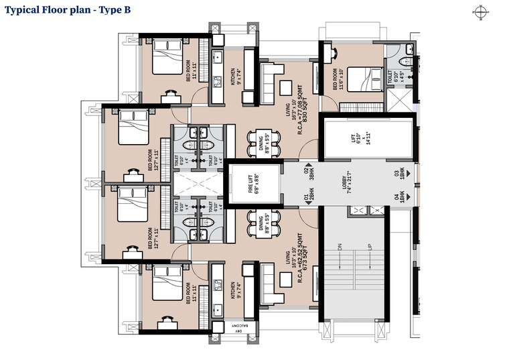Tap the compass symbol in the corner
click(480, 11)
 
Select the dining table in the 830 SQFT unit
click(257, 141)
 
